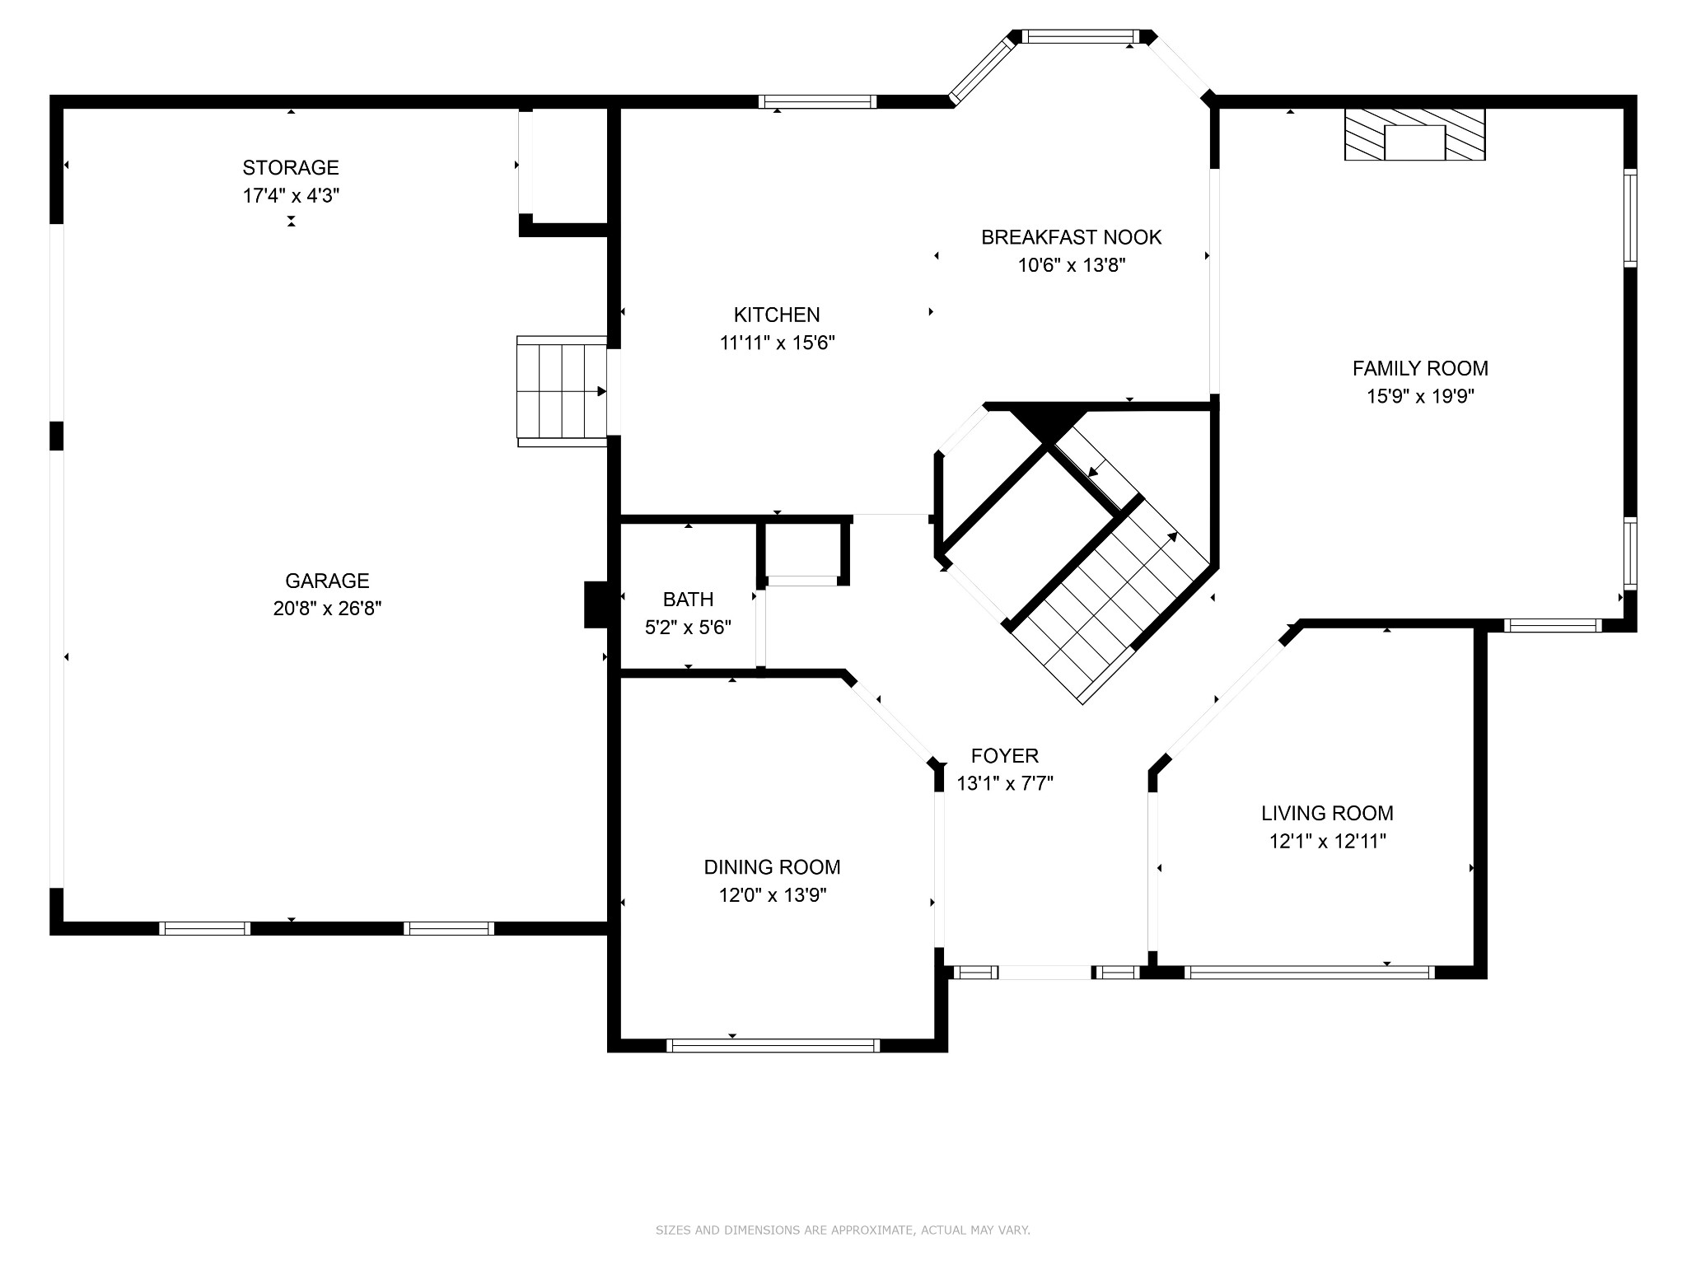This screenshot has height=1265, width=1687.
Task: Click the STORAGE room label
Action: click(x=290, y=168)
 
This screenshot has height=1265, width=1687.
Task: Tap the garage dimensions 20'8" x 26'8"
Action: click(x=327, y=609)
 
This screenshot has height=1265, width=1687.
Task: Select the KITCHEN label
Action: click(x=777, y=315)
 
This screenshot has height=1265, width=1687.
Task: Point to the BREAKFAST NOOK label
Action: click(x=1071, y=237)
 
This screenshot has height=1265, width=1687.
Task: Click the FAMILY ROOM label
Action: click(x=1420, y=368)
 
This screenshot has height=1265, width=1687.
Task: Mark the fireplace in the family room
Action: click(x=1414, y=134)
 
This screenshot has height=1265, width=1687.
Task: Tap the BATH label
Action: click(x=688, y=600)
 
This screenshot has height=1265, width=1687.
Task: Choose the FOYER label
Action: click(x=1004, y=755)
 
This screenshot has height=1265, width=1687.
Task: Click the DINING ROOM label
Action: click(x=772, y=866)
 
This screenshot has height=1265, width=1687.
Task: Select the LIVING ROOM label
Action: click(x=1327, y=813)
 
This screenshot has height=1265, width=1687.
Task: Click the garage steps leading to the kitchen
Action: click(x=562, y=391)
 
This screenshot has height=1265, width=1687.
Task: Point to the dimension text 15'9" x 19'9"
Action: click(x=1420, y=396)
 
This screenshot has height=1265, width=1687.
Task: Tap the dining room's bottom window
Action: click(x=773, y=1045)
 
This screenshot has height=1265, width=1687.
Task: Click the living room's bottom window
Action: click(x=1309, y=972)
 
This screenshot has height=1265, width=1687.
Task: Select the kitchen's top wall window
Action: click(x=817, y=102)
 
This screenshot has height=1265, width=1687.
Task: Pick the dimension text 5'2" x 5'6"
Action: click(x=688, y=628)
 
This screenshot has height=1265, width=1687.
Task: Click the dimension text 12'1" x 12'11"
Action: click(x=1327, y=841)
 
